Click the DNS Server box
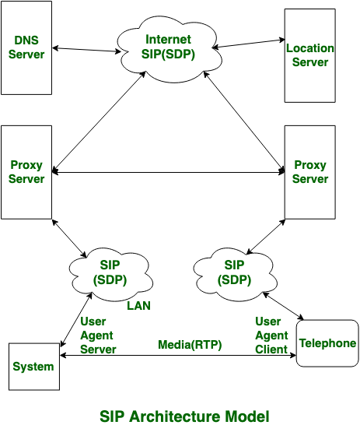coord(26,47)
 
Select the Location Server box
coord(309,55)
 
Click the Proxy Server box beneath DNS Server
coord(26,172)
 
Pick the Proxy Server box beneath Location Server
coord(309,172)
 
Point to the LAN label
coord(138,306)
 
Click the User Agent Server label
coord(98,335)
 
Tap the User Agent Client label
coord(271,335)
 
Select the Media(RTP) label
coord(190,344)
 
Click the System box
coord(33,367)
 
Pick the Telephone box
coord(327,343)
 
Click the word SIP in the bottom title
coord(112,416)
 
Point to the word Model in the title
coord(250,416)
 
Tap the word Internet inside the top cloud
coord(170,39)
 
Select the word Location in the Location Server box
coord(309,48)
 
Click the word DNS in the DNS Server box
coord(26,40)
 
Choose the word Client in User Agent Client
coord(272,349)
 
